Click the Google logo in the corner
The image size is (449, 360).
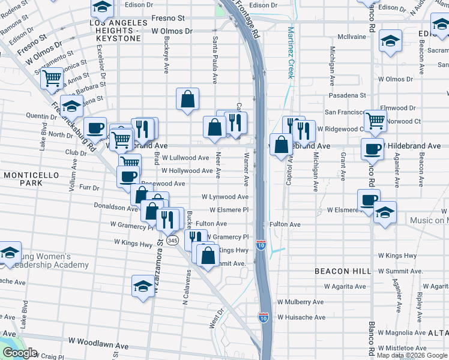pyautogui.click(x=20, y=353)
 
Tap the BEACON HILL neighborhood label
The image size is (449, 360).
pyautogui.click(x=343, y=271)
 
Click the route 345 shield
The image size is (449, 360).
pyautogui.click(x=172, y=240)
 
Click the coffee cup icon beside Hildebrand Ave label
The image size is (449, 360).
pyautogui.click(x=372, y=148)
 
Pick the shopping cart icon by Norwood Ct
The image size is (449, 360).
pyautogui.click(x=375, y=120)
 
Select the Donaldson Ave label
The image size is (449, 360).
pyautogui.click(x=116, y=207)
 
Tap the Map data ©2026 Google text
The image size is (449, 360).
pyautogui.click(x=412, y=355)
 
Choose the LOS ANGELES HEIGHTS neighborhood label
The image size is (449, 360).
pyautogui.click(x=118, y=31)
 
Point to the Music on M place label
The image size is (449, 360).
pyautogui.click(x=429, y=221)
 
